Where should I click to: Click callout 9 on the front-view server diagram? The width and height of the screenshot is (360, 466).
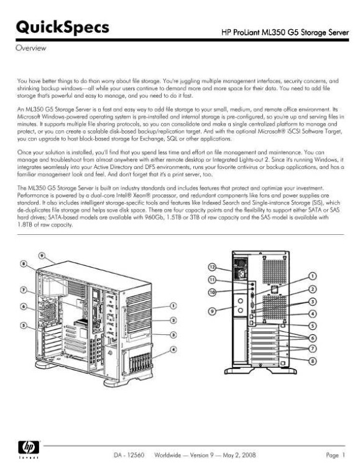point(42,255)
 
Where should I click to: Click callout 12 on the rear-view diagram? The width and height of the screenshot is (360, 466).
point(212,266)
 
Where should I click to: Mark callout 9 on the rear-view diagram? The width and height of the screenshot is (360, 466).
point(212,311)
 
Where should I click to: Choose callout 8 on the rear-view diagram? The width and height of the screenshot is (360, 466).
point(313,360)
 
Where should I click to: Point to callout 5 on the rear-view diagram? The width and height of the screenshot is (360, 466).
point(313,325)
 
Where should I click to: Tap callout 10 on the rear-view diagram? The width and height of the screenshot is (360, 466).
point(212,292)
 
